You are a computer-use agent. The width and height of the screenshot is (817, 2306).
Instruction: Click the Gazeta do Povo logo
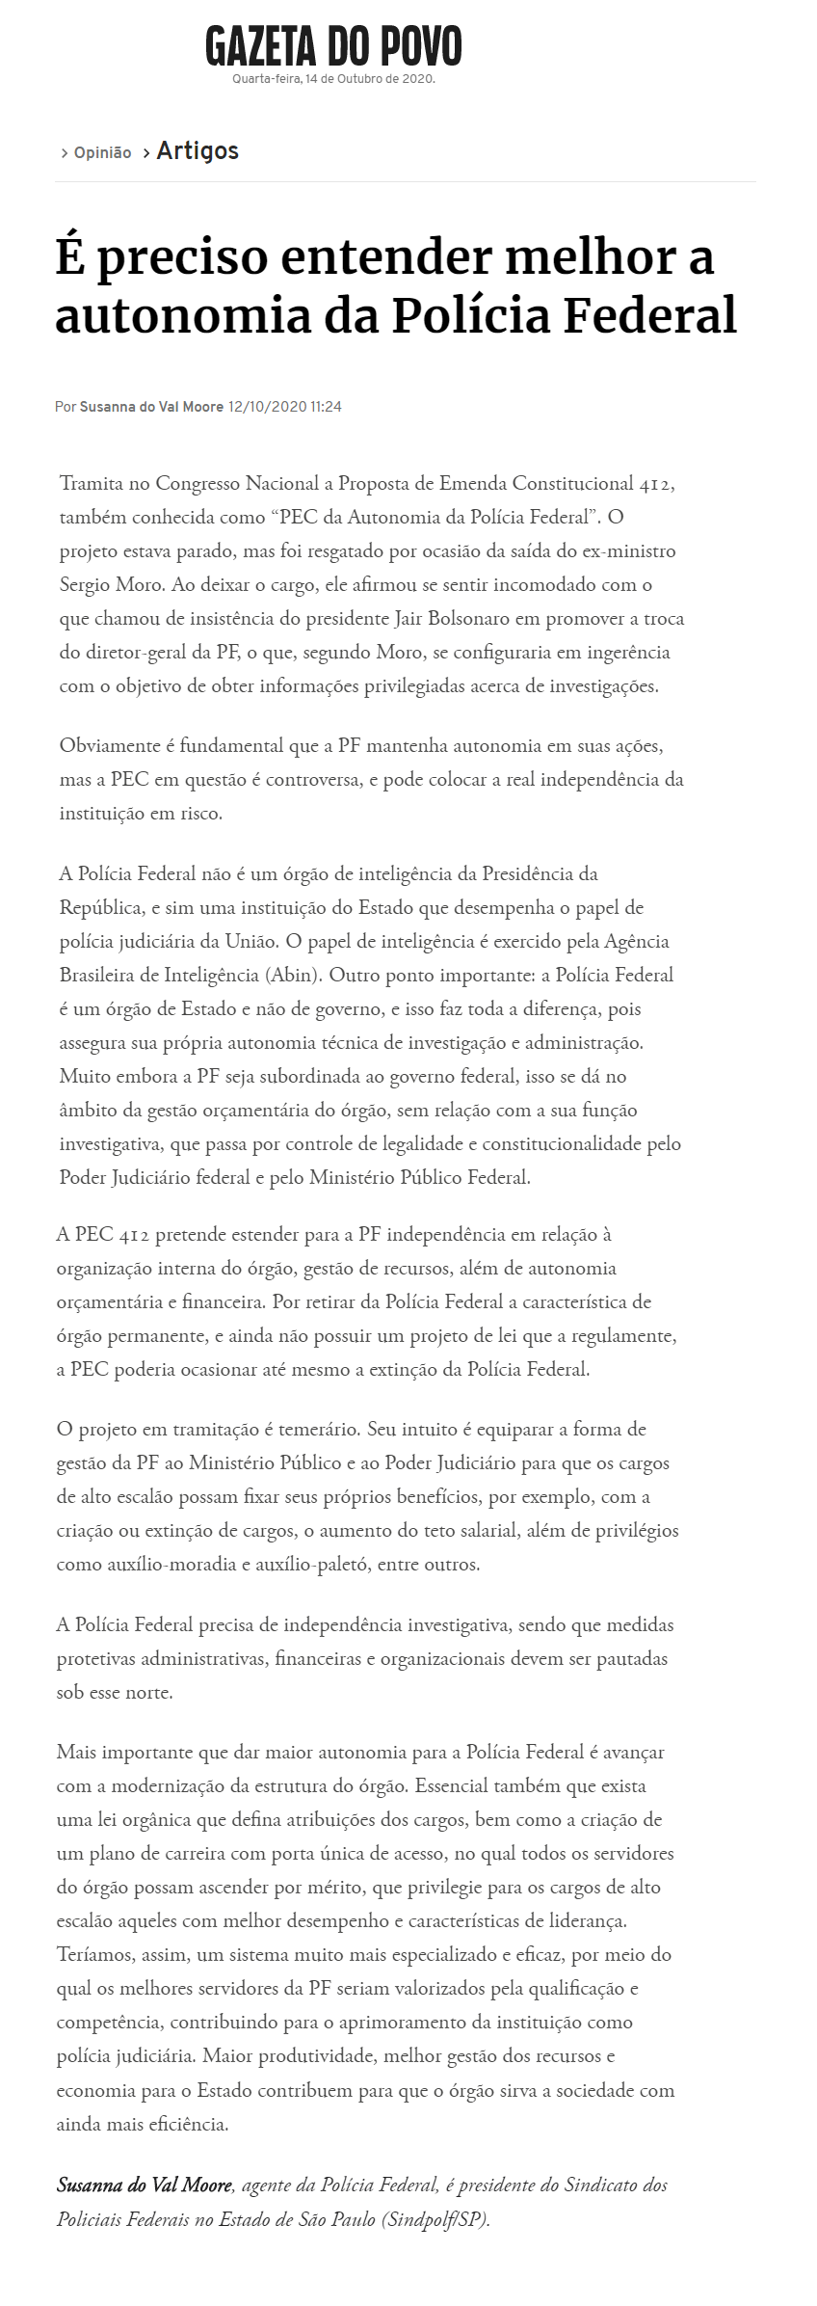(333, 45)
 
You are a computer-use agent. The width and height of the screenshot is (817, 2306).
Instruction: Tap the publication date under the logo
(333, 79)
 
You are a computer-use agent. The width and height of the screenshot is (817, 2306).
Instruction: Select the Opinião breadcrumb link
(102, 152)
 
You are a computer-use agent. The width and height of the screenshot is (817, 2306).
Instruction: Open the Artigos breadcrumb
(198, 151)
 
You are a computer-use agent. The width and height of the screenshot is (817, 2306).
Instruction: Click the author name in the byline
(151, 407)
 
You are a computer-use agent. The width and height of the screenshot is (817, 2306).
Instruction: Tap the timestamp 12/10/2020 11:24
(284, 407)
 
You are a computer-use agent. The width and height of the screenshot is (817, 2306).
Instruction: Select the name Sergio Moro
(110, 585)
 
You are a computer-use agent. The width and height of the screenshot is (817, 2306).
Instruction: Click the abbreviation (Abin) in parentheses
(293, 975)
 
